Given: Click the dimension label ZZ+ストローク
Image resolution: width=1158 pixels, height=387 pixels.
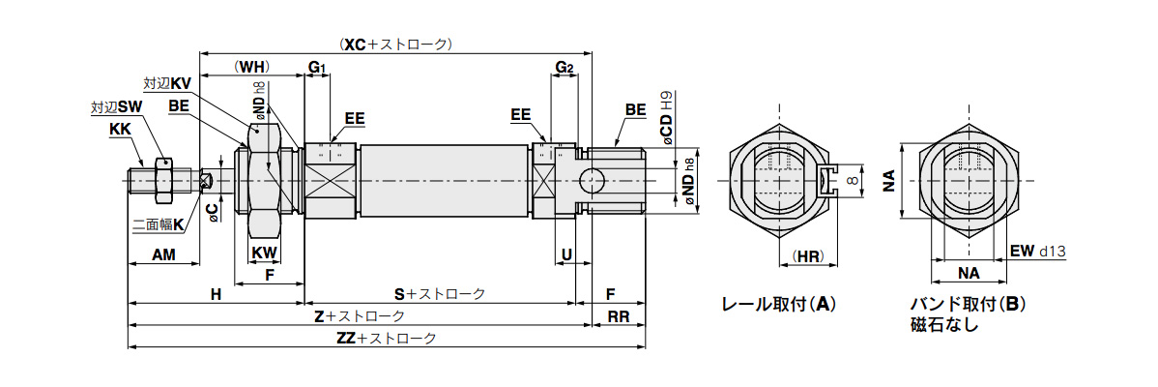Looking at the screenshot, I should pyautogui.click(x=387, y=339).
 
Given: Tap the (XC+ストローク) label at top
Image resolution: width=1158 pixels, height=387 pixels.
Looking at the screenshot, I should pyautogui.click(x=397, y=45).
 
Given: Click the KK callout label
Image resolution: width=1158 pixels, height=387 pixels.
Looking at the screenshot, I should pyautogui.click(x=121, y=128).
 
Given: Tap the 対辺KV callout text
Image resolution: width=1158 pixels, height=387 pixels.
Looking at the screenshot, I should pyautogui.click(x=167, y=84).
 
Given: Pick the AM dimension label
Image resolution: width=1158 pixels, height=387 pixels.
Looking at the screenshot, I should pyautogui.click(x=163, y=254).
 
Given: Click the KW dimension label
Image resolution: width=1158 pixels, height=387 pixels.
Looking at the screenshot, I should pyautogui.click(x=265, y=253).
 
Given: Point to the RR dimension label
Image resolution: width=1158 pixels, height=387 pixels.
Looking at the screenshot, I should pyautogui.click(x=620, y=316).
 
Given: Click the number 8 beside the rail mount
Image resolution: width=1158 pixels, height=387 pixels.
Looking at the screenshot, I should pyautogui.click(x=852, y=181).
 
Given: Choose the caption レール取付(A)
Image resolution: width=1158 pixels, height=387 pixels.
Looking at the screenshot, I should pyautogui.click(x=779, y=304).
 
